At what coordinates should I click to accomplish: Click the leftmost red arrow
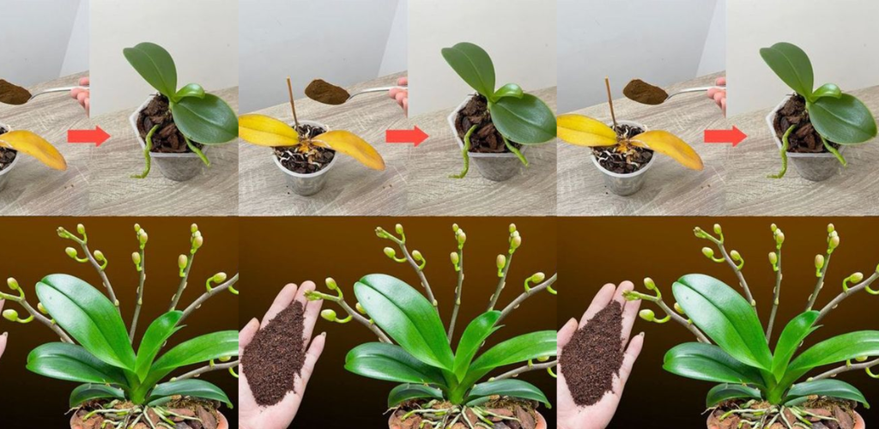pos(88,136)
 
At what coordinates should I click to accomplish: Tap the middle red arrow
pos(407,136)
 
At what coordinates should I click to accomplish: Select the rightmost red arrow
pos(725,136)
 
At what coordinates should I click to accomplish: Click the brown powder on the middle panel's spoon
pos(326,91)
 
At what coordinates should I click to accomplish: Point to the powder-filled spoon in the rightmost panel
pos(646,91)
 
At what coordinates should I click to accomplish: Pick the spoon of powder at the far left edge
pos(14,91)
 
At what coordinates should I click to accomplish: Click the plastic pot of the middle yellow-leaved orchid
pos(305,178)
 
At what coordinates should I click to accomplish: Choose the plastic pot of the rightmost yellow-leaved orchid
pos(623,178)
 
